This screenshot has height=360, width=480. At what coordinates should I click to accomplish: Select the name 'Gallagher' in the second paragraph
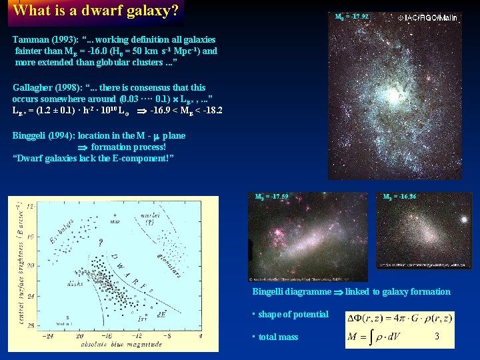pyautogui.click(x=33, y=87)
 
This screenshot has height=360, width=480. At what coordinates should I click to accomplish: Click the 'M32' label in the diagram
pyautogui.click(x=115, y=221)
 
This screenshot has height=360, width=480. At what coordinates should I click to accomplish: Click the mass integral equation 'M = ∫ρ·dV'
pyautogui.click(x=379, y=337)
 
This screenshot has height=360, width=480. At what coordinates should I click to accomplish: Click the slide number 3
pyautogui.click(x=437, y=337)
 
